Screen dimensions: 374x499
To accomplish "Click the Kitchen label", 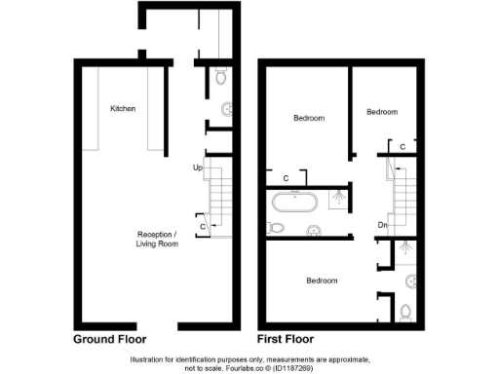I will click(x=123, y=108).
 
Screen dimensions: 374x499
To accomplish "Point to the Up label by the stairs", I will click(x=198, y=168).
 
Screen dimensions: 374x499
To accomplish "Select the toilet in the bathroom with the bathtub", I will click(x=277, y=229).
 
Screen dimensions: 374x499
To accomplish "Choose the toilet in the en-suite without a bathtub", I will click(x=406, y=313).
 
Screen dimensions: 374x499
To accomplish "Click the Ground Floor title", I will click(x=110, y=341).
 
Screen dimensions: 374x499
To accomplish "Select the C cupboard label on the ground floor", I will click(x=201, y=227).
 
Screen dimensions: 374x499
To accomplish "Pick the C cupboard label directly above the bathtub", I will click(x=286, y=178).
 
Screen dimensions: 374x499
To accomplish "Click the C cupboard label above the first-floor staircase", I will click(x=403, y=146).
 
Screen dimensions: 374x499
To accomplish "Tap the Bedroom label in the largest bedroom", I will click(x=322, y=280).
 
